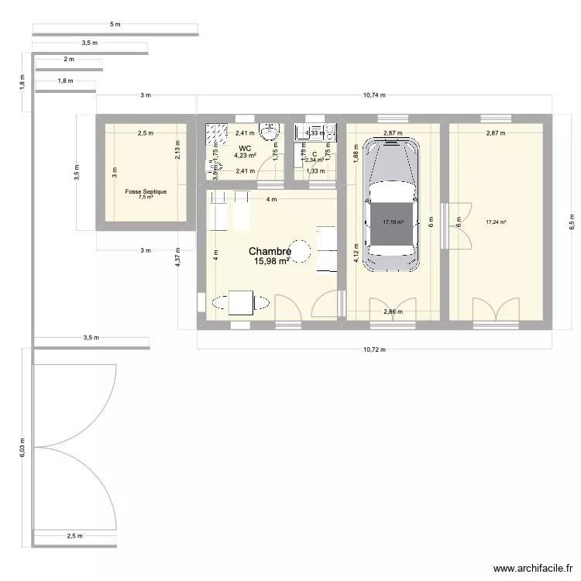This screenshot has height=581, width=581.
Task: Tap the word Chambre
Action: [270, 252]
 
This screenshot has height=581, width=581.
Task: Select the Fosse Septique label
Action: [145, 191]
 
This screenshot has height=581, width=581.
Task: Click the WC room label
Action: [245, 148]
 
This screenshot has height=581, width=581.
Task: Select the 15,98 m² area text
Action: [271, 262]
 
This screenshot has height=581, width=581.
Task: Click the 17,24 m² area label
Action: [496, 222]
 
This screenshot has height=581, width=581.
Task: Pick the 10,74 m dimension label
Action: [374, 95]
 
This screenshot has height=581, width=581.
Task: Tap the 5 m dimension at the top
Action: [115, 26]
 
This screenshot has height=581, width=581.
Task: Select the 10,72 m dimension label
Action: [374, 350]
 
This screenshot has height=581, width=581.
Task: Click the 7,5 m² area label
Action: [145, 198]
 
